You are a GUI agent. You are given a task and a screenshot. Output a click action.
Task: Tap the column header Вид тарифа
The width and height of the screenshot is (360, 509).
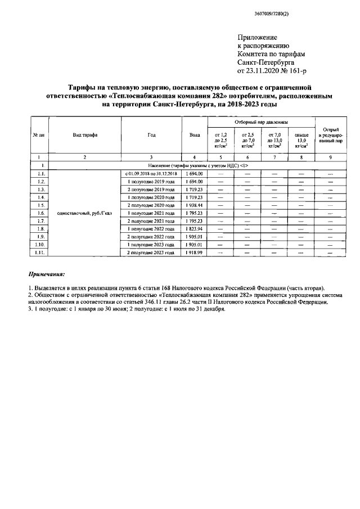click(84, 135)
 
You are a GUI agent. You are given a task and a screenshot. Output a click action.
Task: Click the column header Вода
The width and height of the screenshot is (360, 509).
click(194, 135)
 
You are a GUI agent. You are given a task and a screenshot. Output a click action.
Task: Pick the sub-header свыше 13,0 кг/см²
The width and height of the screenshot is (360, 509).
click(301, 139)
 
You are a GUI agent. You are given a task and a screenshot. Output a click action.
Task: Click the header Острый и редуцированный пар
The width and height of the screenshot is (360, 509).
click(330, 135)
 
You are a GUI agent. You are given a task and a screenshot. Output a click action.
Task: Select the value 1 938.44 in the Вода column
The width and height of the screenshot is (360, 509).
click(193, 206)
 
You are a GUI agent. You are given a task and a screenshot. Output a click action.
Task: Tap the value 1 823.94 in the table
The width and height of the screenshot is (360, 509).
click(193, 229)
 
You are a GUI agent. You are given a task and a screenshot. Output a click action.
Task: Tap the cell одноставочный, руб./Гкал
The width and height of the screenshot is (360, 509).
click(84, 214)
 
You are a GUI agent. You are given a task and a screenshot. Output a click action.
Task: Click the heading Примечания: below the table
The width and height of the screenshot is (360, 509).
click(47, 274)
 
